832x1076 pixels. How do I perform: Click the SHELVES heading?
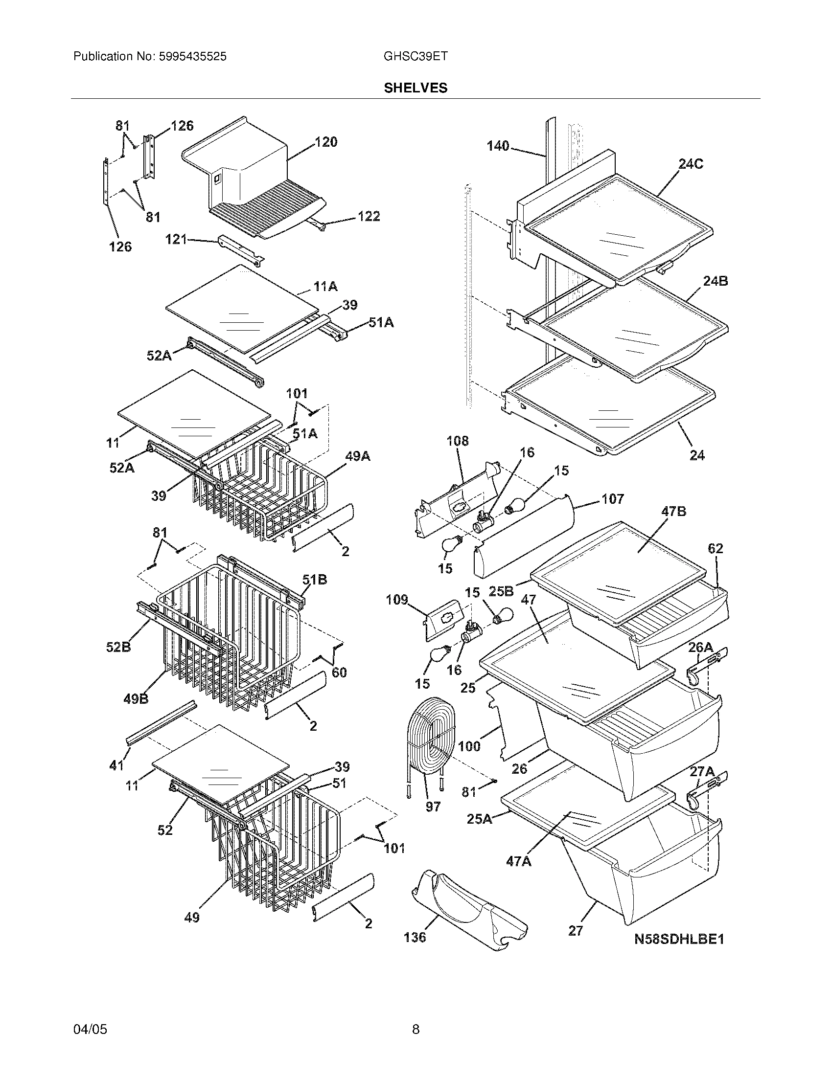pyautogui.click(x=416, y=88)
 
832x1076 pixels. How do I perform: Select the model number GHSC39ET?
pyautogui.click(x=416, y=57)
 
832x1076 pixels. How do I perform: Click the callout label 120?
pyautogui.click(x=326, y=142)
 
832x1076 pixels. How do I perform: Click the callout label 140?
pyautogui.click(x=498, y=146)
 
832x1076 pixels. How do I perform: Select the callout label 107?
pyautogui.click(x=612, y=499)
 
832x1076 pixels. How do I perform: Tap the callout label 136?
pyautogui.click(x=415, y=937)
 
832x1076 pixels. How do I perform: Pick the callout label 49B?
pyautogui.click(x=136, y=698)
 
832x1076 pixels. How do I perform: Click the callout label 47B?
pyautogui.click(x=673, y=512)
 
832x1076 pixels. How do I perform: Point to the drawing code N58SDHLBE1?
pyautogui.click(x=679, y=940)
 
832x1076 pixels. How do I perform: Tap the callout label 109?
pyautogui.click(x=397, y=600)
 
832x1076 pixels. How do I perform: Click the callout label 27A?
pyautogui.click(x=702, y=772)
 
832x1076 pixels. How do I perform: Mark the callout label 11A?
pyautogui.click(x=325, y=286)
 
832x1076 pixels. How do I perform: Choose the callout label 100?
pyautogui.click(x=469, y=746)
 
